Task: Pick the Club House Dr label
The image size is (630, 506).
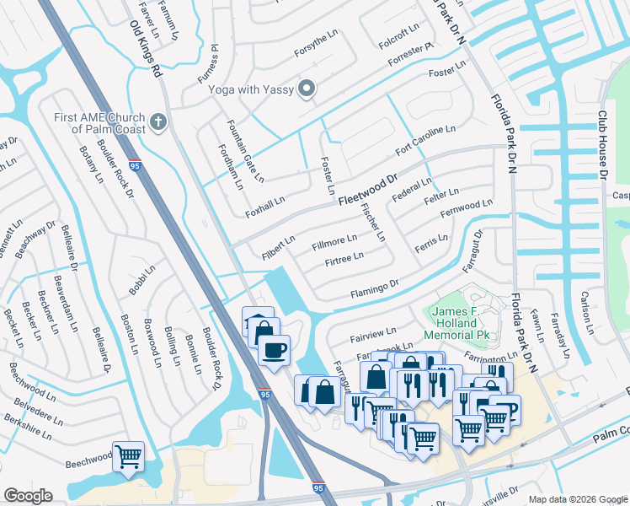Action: pyautogui.click(x=603, y=145)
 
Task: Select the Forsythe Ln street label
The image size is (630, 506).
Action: pyautogui.click(x=315, y=49)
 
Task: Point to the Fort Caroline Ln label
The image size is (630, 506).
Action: pyautogui.click(x=425, y=140)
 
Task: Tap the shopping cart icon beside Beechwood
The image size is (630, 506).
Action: pyautogui.click(x=128, y=457)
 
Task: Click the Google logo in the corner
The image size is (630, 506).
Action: pyautogui.click(x=28, y=496)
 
